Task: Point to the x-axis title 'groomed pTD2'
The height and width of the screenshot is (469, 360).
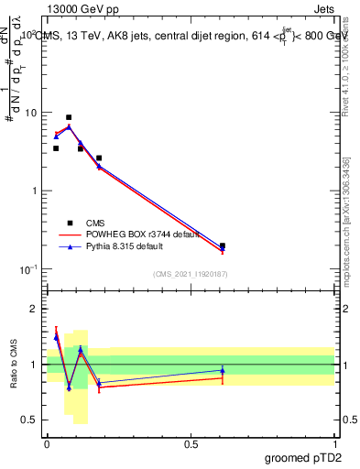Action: (304, 457)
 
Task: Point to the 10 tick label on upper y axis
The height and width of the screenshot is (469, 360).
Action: (30, 113)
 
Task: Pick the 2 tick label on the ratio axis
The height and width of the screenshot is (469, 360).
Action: (35, 309)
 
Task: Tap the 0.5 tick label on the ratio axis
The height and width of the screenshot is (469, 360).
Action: (30, 420)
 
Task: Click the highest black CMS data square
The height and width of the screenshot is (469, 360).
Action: (69, 117)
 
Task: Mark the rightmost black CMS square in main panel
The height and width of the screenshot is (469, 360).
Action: (223, 245)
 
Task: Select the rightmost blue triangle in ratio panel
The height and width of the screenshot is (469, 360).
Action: (223, 371)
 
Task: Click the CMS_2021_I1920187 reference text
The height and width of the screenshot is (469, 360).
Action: (190, 274)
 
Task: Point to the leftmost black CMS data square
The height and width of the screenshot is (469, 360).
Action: (56, 148)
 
